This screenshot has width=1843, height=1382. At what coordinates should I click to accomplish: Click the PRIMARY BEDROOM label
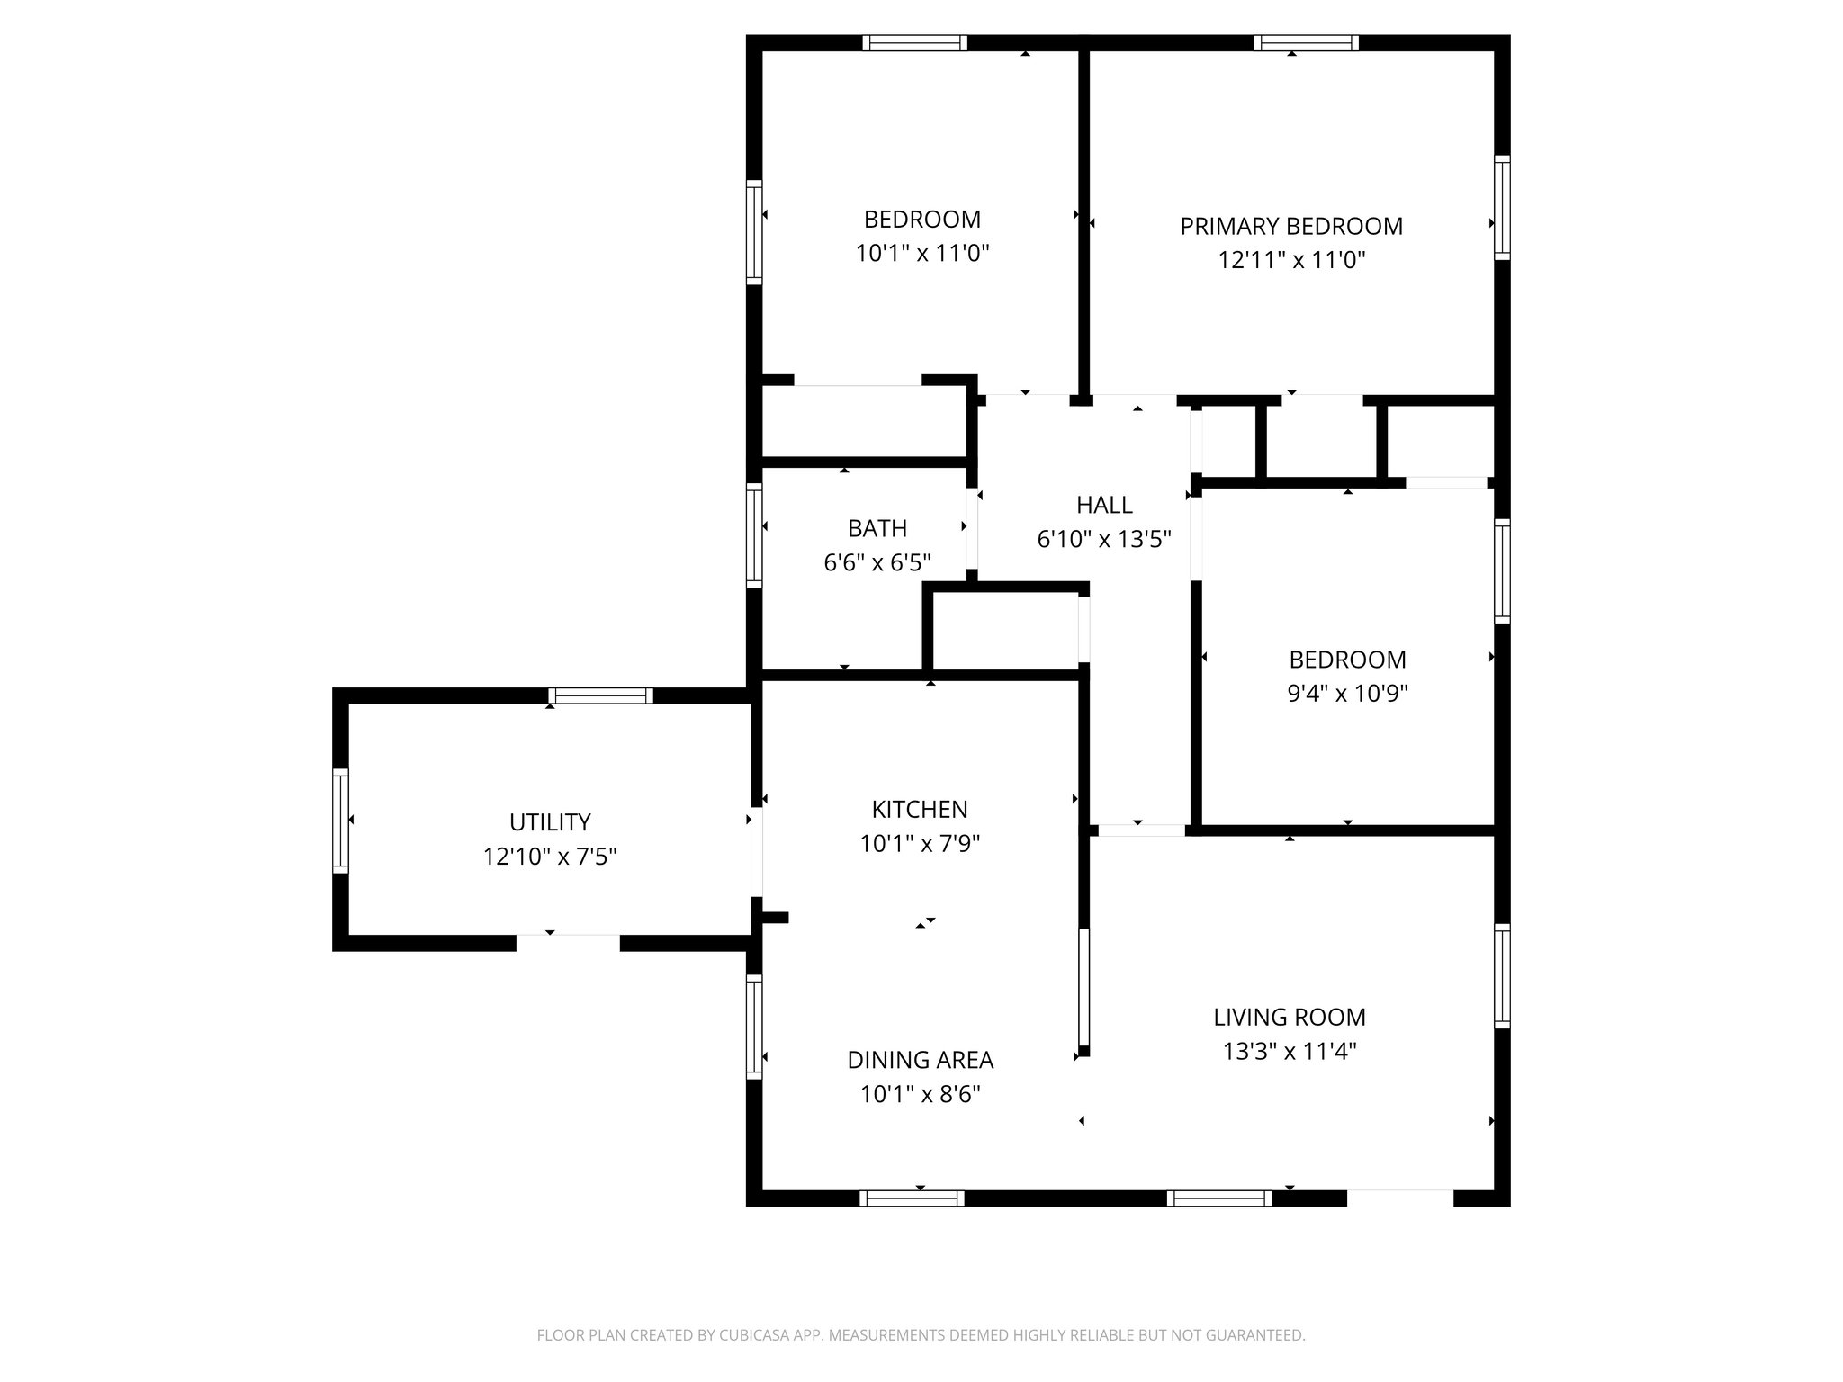coord(1290,226)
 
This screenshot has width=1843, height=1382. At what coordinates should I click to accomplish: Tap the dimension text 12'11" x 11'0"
coord(1290,261)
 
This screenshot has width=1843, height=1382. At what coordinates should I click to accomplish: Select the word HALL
coord(1103,505)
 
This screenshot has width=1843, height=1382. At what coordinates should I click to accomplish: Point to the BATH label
coord(877,528)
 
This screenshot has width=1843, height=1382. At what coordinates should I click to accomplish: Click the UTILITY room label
coord(549,822)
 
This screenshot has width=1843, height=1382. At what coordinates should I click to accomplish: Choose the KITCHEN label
coord(919,810)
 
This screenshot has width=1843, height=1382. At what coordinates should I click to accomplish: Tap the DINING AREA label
coord(920,1060)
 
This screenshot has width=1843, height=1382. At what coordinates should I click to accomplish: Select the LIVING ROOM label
coord(1289,1018)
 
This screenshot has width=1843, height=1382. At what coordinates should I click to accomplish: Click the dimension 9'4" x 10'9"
coord(1346,694)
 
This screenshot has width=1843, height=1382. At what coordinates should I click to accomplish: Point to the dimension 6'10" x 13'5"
coord(1103,540)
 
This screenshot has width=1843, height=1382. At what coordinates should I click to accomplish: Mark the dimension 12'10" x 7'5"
coord(549,857)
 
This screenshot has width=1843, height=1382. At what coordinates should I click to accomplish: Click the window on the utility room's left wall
coord(340,820)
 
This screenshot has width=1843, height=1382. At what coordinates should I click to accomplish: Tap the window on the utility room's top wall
coord(600,695)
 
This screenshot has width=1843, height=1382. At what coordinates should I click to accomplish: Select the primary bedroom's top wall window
coord(1306,42)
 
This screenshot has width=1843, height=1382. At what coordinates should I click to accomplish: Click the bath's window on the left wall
coord(754,535)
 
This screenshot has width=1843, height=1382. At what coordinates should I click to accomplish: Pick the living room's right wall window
coord(1502,975)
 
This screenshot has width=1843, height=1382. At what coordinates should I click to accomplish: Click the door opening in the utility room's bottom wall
coord(567,942)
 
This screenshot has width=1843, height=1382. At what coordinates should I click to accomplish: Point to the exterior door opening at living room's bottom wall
coord(1399,1198)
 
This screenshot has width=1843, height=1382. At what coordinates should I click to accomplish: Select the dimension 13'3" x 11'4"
coord(1289,1052)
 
